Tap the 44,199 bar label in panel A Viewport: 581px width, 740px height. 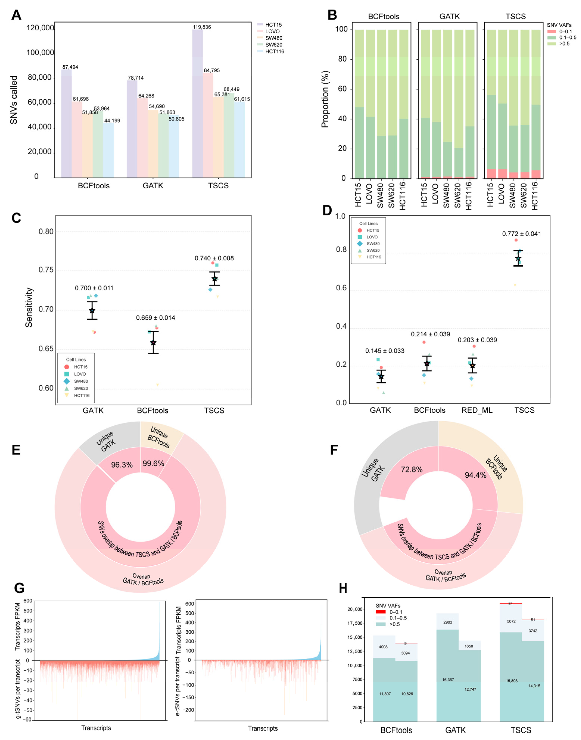tap(112, 121)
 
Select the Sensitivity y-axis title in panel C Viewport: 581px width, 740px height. tap(29, 308)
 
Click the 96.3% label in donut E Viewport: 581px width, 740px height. tap(122, 465)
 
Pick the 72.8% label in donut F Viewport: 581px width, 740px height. tap(412, 469)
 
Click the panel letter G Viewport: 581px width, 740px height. tap(19, 588)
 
